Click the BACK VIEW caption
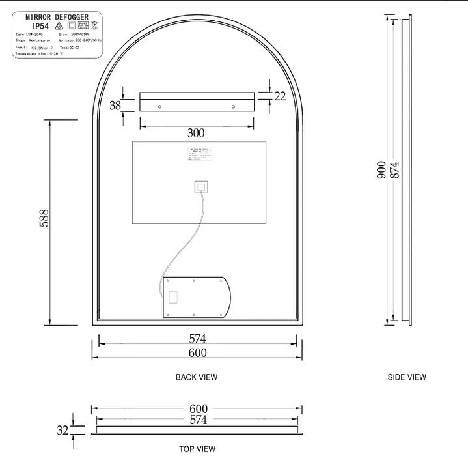click(197, 377)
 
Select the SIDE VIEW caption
click(407, 377)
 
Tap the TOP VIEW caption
click(197, 449)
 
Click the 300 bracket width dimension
click(196, 133)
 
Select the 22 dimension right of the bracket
click(280, 96)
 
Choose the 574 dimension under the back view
click(197, 339)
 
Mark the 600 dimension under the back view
click(197, 352)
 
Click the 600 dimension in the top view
click(197, 408)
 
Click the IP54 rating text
click(36, 27)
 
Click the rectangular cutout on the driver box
click(173, 298)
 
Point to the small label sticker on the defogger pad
click(199, 156)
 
